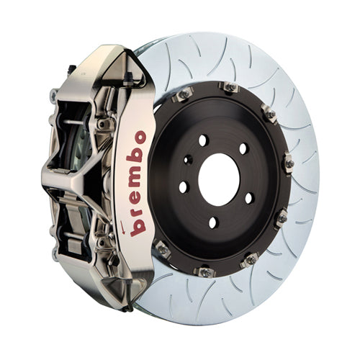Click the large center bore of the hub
pyautogui.click(x=219, y=179)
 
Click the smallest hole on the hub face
pyautogui.click(x=188, y=160)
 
